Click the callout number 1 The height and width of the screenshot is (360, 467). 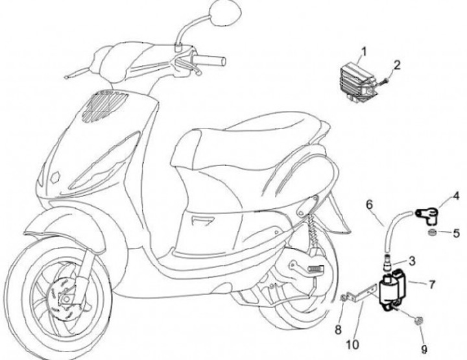pyautogui.click(x=364, y=51)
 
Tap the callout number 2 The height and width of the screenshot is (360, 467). pyautogui.click(x=397, y=64)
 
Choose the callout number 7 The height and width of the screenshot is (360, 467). pyautogui.click(x=432, y=284)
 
